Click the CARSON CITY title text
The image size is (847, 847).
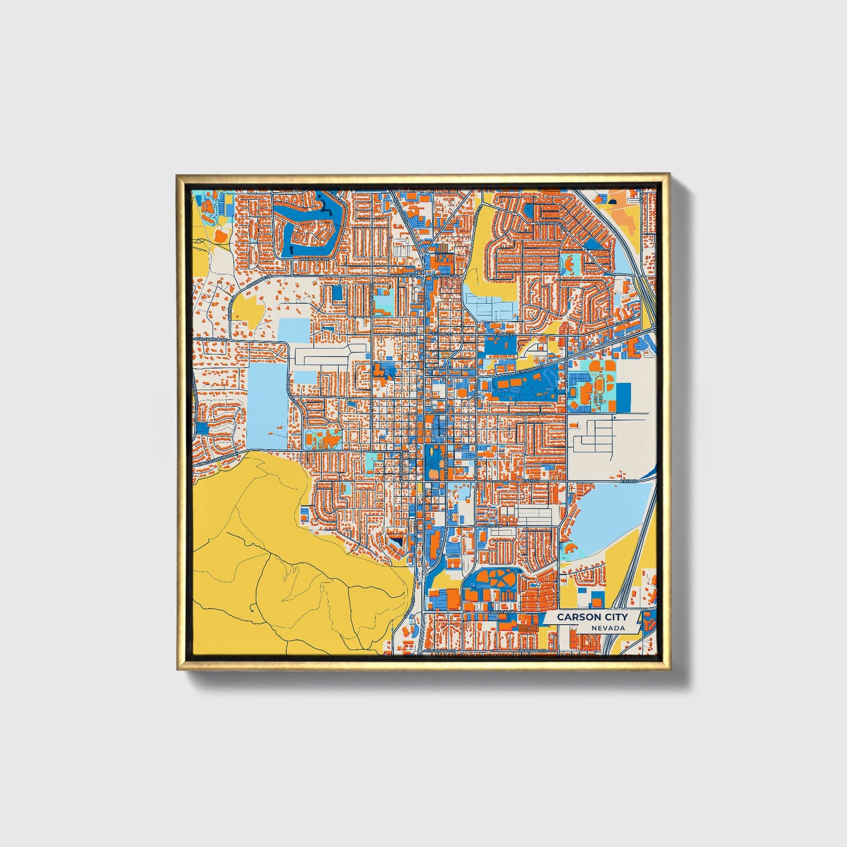591,617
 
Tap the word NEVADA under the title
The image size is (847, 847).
607,628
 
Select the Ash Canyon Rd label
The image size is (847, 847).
210,339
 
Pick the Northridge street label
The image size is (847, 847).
551,223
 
